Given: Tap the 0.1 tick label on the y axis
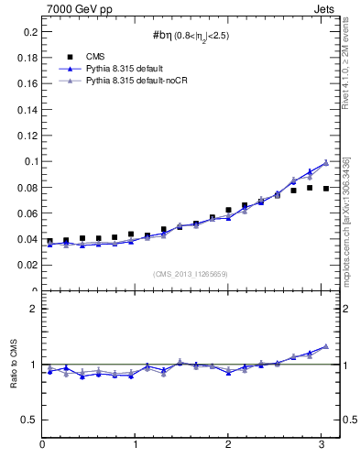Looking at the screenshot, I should pyautogui.click(x=29, y=161).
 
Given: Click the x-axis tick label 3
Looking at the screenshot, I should pyautogui.click(x=321, y=445).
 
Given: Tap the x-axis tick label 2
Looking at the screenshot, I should pyautogui.click(x=228, y=445).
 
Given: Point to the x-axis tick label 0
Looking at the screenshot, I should pyautogui.click(x=42, y=445).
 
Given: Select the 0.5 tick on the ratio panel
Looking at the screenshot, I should pyautogui.click(x=29, y=420).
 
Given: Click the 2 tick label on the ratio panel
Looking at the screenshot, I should pyautogui.click(x=33, y=309).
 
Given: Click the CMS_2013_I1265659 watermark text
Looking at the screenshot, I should pyautogui.click(x=191, y=274).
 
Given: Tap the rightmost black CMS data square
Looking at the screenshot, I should pyautogui.click(x=326, y=189).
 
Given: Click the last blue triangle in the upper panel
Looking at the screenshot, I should pyautogui.click(x=326, y=163).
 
